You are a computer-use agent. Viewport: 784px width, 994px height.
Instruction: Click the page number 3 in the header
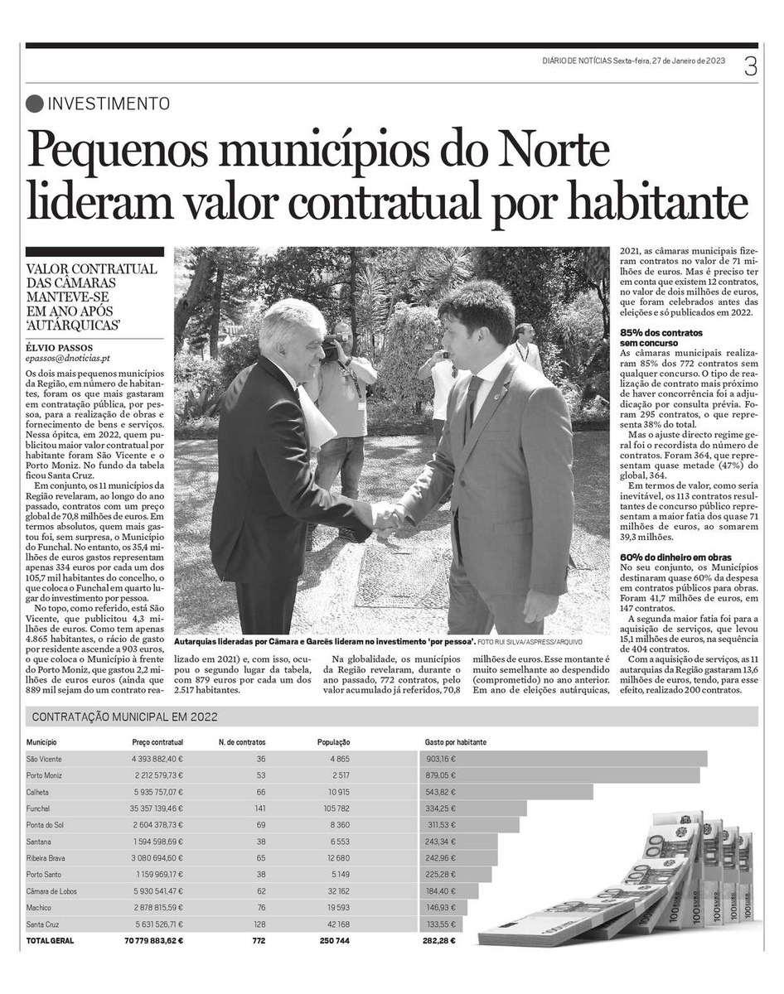coord(750,65)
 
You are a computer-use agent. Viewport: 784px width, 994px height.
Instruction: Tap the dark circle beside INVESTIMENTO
coord(34,104)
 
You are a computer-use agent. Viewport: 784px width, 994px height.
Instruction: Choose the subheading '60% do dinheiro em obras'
coord(675,557)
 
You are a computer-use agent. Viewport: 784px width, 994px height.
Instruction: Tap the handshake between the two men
coord(386,517)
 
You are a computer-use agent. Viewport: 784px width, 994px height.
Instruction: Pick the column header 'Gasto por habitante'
coord(455,743)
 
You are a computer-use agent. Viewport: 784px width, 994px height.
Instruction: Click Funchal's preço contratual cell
coord(157,808)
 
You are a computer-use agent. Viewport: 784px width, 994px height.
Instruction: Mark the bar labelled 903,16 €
coord(564,759)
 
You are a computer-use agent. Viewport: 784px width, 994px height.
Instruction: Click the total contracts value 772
coord(259,940)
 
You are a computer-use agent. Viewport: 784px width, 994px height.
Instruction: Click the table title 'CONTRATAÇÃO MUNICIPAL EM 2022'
coord(123,717)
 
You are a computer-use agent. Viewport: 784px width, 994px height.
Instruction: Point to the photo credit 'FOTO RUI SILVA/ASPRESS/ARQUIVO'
coord(530,642)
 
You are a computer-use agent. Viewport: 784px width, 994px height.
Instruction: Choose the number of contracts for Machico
coord(260,907)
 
